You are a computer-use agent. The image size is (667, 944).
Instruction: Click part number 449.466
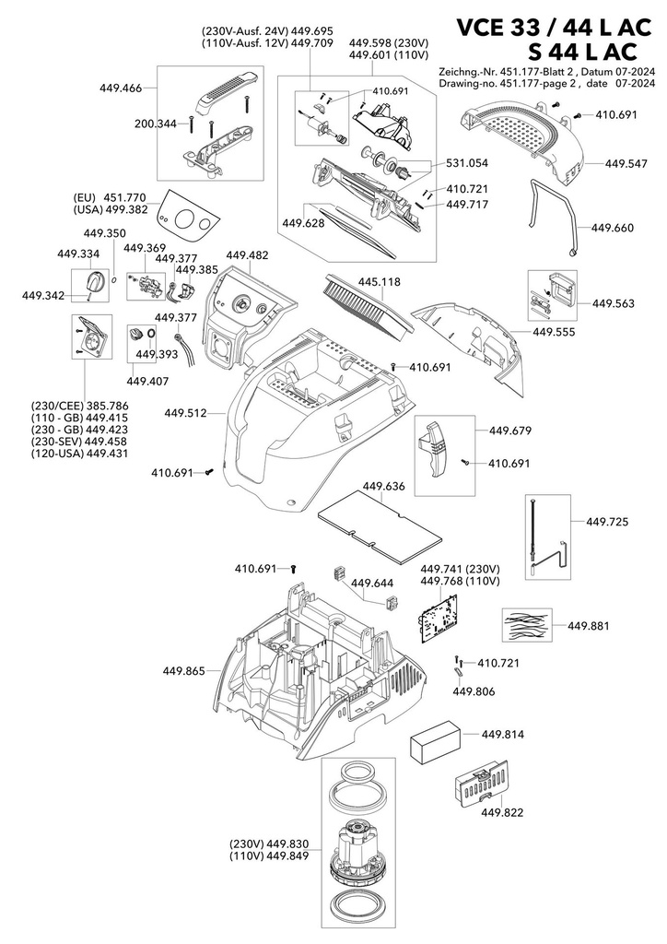click(121, 88)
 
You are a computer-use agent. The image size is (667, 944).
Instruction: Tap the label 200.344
click(155, 124)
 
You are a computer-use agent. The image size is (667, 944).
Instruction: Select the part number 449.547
click(626, 164)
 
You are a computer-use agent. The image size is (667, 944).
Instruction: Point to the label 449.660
click(613, 228)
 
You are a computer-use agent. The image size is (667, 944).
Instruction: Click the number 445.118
click(379, 282)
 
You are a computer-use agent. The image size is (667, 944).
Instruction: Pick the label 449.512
click(185, 413)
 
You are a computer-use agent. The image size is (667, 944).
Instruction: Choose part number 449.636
click(384, 486)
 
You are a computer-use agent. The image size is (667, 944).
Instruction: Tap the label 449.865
click(183, 671)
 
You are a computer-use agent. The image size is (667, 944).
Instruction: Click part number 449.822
click(501, 813)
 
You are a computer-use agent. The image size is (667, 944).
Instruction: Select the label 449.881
click(588, 626)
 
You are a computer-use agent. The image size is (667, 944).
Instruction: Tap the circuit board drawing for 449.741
click(439, 619)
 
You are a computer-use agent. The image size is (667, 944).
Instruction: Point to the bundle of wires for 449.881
click(527, 625)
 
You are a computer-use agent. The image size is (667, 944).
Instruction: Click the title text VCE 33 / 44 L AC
click(554, 28)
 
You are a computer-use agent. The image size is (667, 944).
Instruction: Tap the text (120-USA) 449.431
click(79, 454)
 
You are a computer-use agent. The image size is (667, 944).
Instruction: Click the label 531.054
click(467, 163)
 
